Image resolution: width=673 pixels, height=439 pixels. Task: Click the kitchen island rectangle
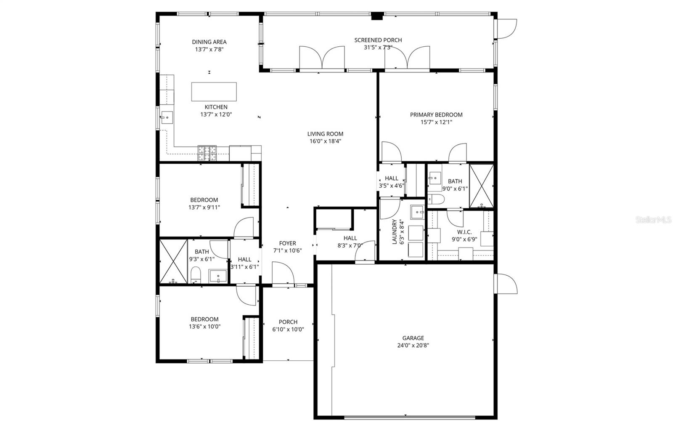click(x=214, y=92)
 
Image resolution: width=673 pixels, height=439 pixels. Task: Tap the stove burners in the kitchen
click(x=207, y=153)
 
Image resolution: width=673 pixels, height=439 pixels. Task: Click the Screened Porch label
click(x=378, y=40)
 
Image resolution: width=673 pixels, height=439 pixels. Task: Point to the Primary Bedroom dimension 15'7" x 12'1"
click(x=436, y=122)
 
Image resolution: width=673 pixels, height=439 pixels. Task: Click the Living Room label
click(x=325, y=134)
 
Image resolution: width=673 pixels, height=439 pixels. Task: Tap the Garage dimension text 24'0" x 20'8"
click(x=413, y=346)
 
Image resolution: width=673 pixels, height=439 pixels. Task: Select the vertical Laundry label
click(x=394, y=232)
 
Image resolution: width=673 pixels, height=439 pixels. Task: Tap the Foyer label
click(x=288, y=243)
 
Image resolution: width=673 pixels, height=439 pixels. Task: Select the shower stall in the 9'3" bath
click(x=173, y=261)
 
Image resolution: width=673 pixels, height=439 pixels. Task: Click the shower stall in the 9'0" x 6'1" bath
click(x=481, y=186)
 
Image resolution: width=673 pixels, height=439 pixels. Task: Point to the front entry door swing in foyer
click(x=282, y=274)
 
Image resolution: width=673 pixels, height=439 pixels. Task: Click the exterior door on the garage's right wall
click(x=506, y=283)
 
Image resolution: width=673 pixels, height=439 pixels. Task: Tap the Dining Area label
click(x=209, y=42)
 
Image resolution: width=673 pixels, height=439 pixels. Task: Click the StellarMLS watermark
click(x=653, y=220)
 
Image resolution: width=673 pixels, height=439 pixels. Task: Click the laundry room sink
click(x=417, y=212)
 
